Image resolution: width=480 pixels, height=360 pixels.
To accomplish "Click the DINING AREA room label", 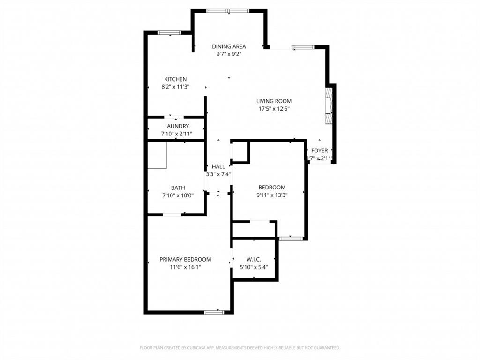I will tap(229, 46).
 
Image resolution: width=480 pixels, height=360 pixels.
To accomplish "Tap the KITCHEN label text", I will tap(175, 79).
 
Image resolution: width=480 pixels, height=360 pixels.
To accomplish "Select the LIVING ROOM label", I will tap(274, 101).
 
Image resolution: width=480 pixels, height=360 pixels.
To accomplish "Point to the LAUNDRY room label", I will tap(177, 126).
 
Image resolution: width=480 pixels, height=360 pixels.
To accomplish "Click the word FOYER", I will tap(320, 150).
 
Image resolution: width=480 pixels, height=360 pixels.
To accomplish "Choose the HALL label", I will tap(218, 166).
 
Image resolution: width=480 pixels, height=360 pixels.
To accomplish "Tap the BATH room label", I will tap(178, 187).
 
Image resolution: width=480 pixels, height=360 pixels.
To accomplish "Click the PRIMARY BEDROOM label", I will tap(185, 259).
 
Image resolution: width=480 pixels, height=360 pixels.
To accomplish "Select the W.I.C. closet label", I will tap(254, 259).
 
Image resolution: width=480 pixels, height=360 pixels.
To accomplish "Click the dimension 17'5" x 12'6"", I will tap(274, 109).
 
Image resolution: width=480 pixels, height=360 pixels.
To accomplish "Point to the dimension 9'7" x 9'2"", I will tap(229, 54).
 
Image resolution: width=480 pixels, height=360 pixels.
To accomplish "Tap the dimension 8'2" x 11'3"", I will tap(175, 87).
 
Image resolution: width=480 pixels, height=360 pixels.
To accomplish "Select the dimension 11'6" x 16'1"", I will tap(185, 267).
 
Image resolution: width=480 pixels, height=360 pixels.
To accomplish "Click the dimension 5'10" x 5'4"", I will tap(254, 267).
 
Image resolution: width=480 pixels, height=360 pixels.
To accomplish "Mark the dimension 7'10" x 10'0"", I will tap(178, 195).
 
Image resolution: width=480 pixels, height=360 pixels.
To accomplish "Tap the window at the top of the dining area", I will tap(228, 11).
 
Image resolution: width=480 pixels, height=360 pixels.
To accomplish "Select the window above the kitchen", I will tap(169, 33).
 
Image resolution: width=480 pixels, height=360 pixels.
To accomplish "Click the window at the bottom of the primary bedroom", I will tap(214, 312).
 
